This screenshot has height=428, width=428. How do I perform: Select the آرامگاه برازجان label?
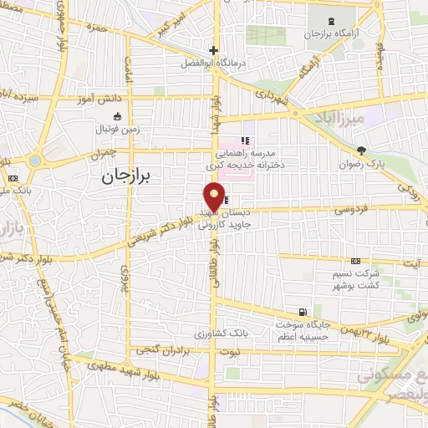point(334,35)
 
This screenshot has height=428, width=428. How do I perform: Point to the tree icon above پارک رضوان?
point(361,150)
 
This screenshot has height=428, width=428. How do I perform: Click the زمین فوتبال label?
point(116,129)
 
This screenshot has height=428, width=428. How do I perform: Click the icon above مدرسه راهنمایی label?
point(245,140)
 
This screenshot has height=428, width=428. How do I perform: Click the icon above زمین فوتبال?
point(116,115)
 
